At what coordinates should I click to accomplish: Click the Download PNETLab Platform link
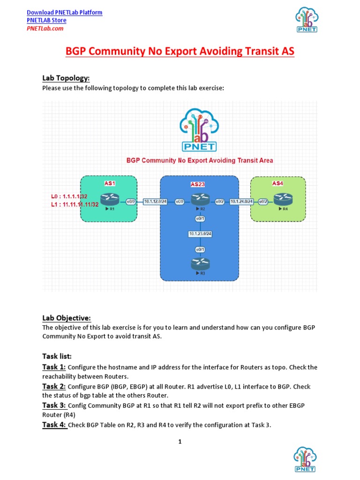coord(65,12)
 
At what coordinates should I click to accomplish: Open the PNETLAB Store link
coord(46,20)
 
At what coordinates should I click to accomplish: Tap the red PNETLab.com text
coord(45,28)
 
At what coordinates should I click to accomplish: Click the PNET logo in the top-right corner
coord(306,19)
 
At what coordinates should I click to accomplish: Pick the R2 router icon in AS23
coord(199,200)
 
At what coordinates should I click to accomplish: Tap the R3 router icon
coord(199,264)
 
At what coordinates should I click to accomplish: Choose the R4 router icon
coord(283,200)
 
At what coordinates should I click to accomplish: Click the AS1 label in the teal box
coord(110,183)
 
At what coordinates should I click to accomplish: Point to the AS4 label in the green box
coord(277,183)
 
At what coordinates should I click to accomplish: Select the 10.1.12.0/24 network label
coord(155,202)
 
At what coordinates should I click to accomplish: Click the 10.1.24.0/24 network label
coord(242,202)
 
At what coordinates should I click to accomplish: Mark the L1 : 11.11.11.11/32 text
coord(75,204)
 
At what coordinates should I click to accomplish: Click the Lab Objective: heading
coord(67,318)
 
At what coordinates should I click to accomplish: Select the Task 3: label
coord(54,405)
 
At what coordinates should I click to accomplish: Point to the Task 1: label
coord(54,367)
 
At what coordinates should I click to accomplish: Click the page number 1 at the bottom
coord(180,441)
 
